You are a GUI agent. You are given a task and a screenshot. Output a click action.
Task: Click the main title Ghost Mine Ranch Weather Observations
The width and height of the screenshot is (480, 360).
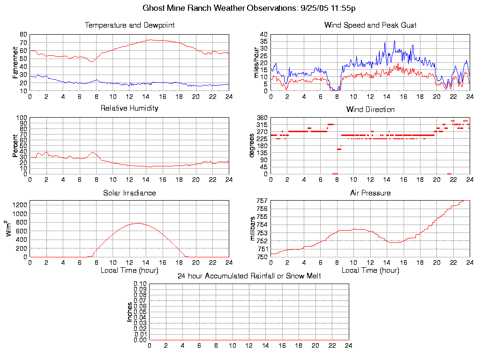pyautogui.click(x=240, y=8)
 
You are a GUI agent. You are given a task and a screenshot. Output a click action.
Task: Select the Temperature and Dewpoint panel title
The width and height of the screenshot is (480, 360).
pyautogui.click(x=129, y=25)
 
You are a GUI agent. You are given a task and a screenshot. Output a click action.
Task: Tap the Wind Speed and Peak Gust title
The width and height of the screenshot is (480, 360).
pyautogui.click(x=370, y=25)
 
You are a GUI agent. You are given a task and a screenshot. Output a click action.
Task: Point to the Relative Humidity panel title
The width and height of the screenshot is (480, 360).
pyautogui.click(x=129, y=108)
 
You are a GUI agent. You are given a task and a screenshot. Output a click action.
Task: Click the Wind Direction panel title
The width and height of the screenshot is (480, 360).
pyautogui.click(x=370, y=110)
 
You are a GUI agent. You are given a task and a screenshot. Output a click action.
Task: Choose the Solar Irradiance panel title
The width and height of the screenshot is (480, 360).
pyautogui.click(x=129, y=193)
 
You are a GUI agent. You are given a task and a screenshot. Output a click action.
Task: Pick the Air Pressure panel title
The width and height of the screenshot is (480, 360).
pyautogui.click(x=370, y=193)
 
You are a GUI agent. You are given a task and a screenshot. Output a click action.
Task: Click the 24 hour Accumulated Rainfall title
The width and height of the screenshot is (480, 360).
pyautogui.click(x=249, y=276)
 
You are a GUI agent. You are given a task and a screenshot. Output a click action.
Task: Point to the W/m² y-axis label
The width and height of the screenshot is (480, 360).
pyautogui.click(x=9, y=229)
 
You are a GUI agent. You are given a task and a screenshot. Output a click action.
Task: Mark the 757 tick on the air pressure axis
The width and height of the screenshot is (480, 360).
pyautogui.click(x=262, y=201)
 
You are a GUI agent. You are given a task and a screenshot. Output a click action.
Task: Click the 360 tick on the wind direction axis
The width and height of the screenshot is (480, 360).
pyautogui.click(x=262, y=118)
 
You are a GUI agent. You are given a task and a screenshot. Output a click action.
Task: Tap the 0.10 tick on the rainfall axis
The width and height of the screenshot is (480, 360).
pyautogui.click(x=140, y=284)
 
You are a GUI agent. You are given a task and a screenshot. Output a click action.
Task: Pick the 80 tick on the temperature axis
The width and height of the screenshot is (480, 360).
pyautogui.click(x=23, y=35)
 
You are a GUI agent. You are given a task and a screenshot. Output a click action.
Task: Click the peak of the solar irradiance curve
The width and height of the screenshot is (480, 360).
pyautogui.click(x=138, y=223)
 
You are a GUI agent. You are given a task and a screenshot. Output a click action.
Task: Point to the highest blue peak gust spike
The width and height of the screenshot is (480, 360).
pyautogui.click(x=394, y=41)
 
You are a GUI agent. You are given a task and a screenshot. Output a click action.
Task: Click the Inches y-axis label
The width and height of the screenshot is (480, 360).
pyautogui.click(x=130, y=312)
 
